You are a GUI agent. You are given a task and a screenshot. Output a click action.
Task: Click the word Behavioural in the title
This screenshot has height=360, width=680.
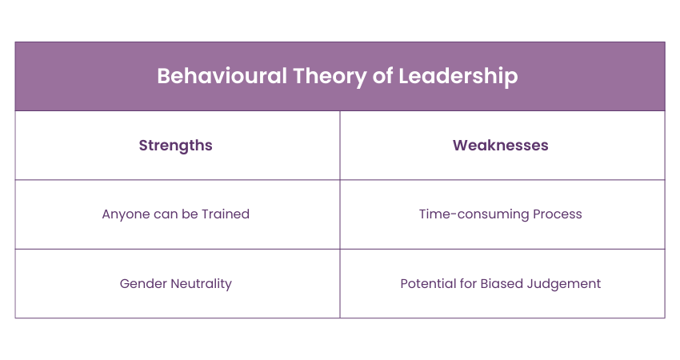pos(222,76)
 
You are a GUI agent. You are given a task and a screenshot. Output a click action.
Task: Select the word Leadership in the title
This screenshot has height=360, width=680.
pos(458,77)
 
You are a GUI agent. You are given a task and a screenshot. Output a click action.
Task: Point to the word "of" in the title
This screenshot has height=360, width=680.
pos(382,76)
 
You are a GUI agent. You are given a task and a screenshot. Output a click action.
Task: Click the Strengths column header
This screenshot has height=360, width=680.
pos(176,146)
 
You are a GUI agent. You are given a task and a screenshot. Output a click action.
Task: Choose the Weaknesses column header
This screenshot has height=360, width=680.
pos(501,146)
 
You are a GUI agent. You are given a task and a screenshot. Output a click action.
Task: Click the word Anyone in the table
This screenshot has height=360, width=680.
pos(122,214)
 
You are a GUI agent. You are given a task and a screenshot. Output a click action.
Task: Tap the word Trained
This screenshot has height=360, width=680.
pos(226,214)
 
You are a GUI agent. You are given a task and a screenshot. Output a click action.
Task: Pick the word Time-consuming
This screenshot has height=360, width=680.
pos(474,214)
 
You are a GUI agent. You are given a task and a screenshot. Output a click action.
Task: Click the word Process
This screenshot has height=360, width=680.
pos(558,214)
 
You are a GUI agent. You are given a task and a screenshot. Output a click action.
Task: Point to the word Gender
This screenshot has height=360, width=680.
pos(143,284)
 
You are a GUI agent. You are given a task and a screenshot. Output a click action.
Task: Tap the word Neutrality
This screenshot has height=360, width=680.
pos(202,284)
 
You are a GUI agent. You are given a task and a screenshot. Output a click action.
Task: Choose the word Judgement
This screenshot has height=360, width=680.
pos(564,284)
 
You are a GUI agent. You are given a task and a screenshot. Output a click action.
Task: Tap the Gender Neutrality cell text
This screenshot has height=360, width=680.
pos(176,284)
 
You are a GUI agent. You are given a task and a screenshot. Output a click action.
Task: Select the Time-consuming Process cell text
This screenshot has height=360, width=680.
pos(501,214)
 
